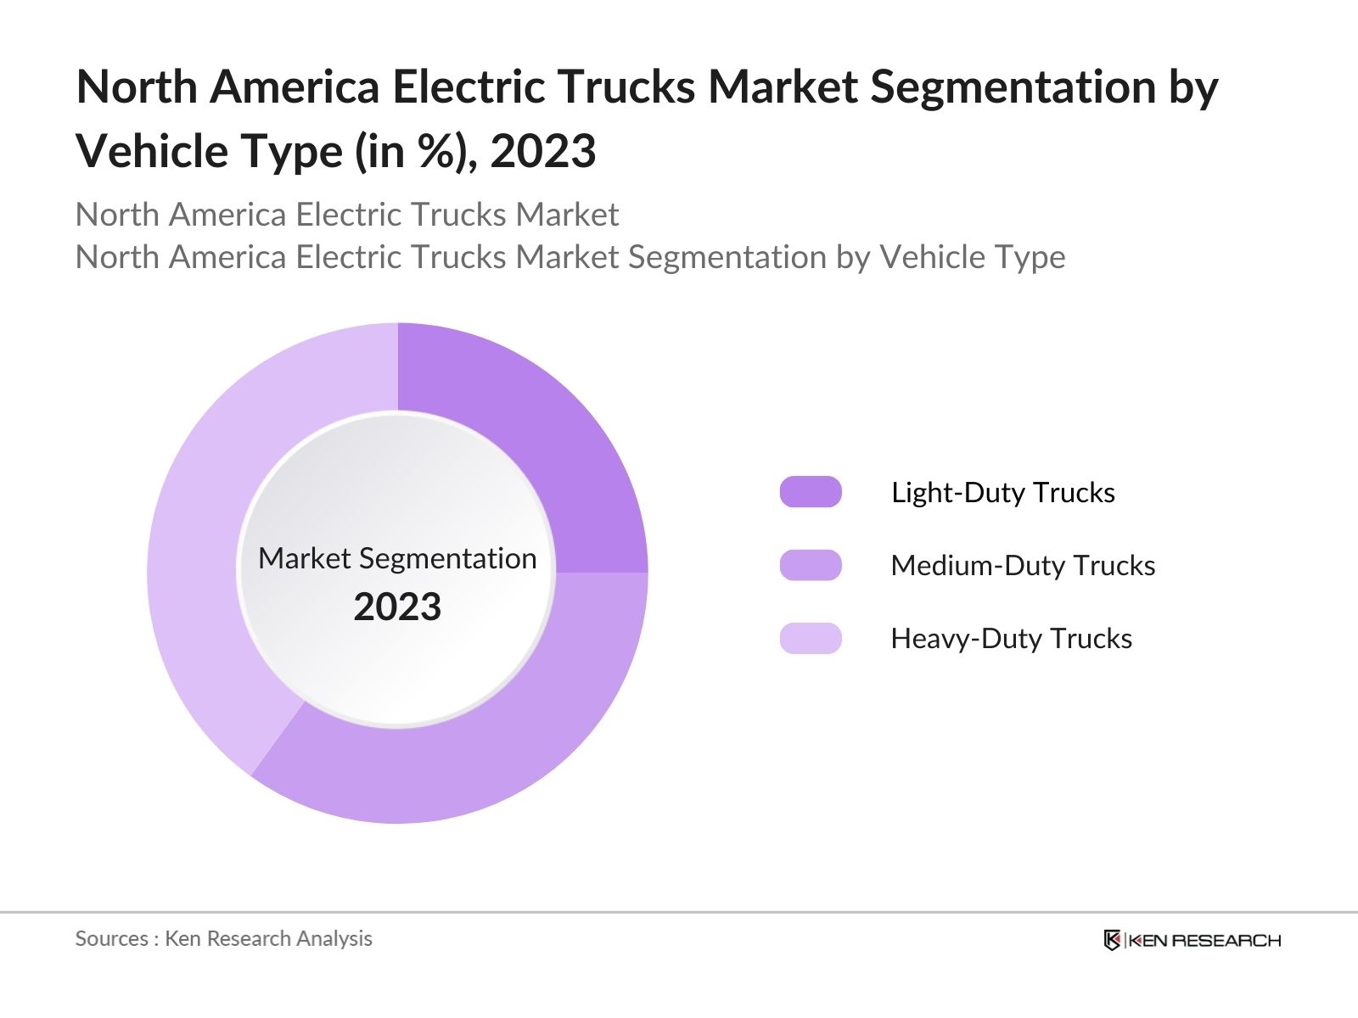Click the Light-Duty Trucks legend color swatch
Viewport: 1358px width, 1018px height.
point(811,492)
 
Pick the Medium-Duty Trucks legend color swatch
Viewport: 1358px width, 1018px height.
point(811,565)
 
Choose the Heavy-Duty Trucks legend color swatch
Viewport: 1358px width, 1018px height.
point(811,638)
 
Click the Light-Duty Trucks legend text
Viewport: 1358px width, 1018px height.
point(1002,492)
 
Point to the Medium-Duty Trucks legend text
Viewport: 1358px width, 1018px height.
point(1023,565)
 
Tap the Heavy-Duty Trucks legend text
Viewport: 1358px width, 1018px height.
point(1011,638)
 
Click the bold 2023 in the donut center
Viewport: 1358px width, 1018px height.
point(397,607)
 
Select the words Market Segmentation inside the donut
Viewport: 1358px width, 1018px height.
point(397,558)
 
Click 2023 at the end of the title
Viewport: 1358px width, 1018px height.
point(543,152)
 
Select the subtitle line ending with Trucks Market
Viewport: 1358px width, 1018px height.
point(346,215)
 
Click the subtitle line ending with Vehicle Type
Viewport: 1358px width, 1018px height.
point(570,256)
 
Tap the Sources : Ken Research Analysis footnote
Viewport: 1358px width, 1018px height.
point(223,938)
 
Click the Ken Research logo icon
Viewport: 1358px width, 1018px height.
point(1112,940)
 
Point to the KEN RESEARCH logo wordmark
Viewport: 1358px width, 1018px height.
point(1204,940)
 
